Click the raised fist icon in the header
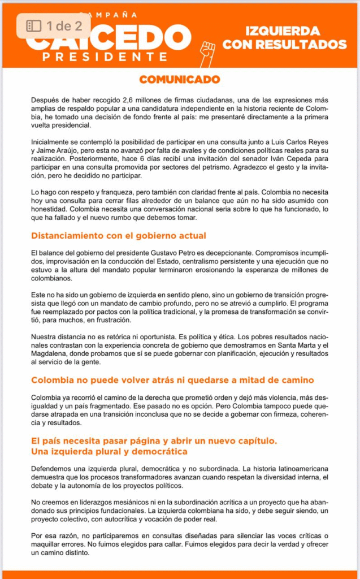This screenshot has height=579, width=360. click(x=207, y=54)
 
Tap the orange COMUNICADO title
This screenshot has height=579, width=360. click(x=180, y=79)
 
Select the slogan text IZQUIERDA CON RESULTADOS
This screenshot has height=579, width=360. click(x=284, y=37)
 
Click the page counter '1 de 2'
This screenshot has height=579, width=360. click(x=57, y=25)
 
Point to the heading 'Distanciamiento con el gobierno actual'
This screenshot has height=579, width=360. click(x=119, y=235)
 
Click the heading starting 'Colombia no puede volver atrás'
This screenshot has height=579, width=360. click(x=172, y=380)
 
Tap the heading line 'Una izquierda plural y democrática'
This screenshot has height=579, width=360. click(x=109, y=452)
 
